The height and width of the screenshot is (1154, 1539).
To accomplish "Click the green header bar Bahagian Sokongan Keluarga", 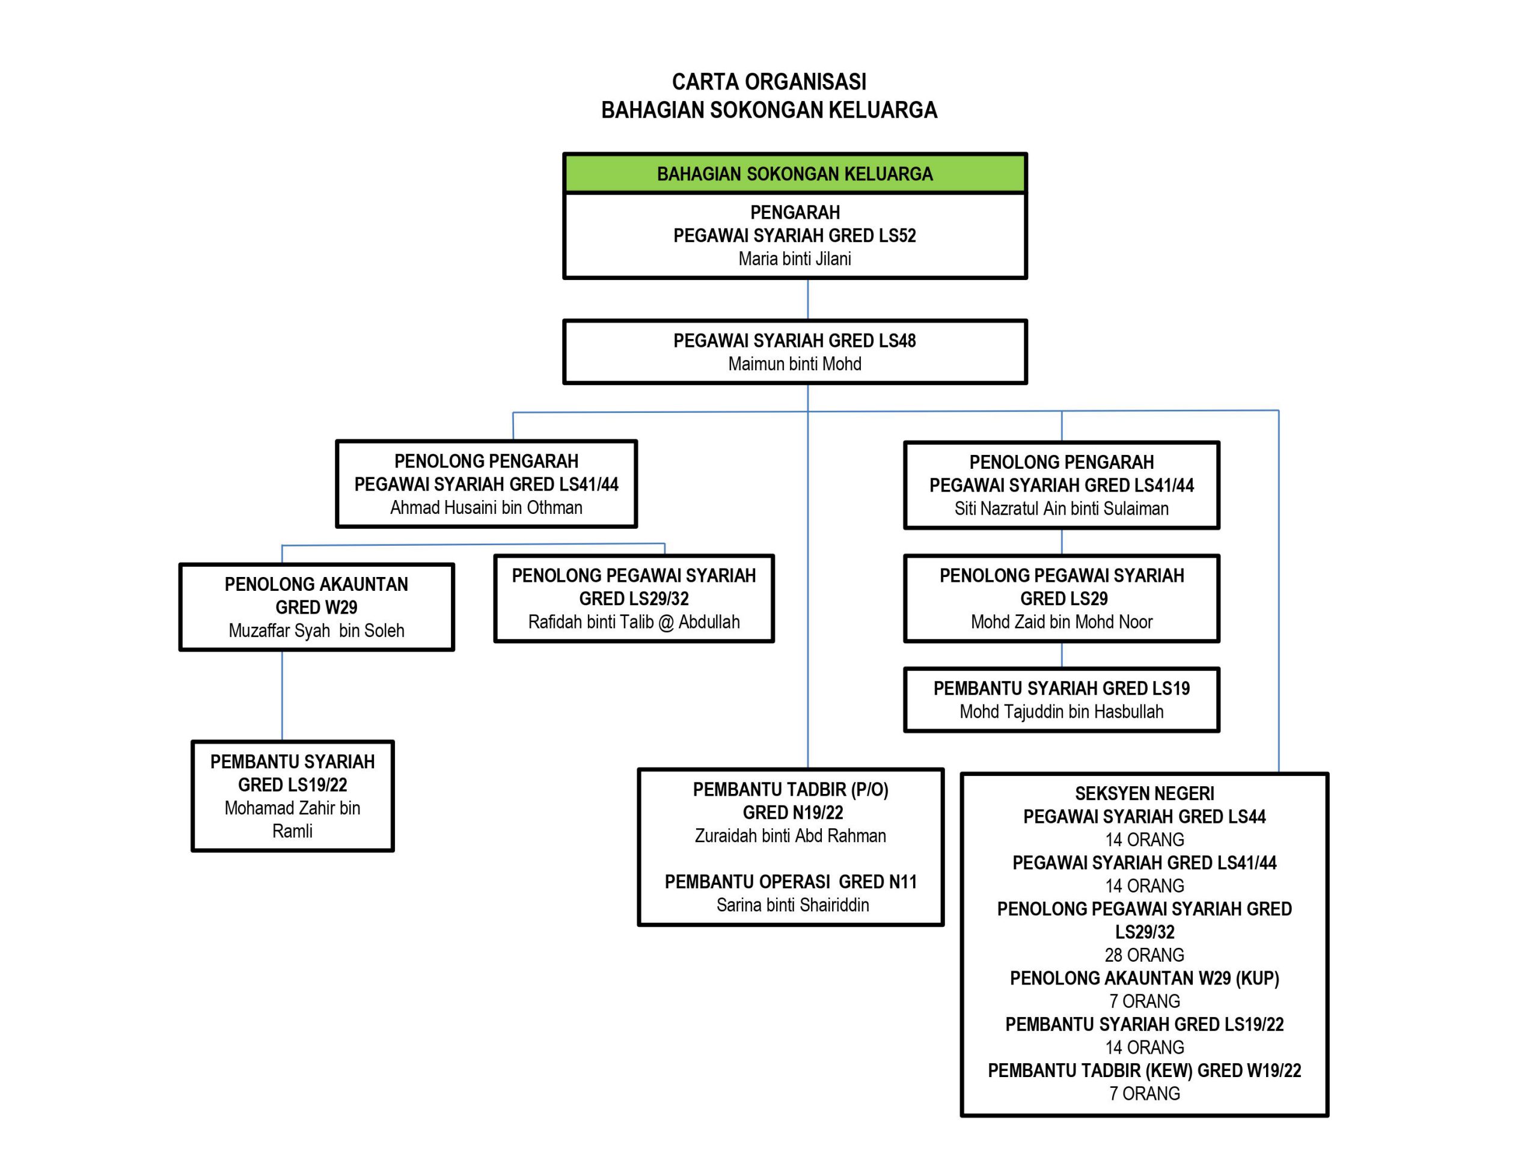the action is pos(795,173).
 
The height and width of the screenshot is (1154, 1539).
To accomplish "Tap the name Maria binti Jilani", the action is pos(795,259).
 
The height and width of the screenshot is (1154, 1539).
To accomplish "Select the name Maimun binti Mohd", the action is pos(795,364).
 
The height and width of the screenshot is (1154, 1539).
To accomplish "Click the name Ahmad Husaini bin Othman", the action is pos(486,508).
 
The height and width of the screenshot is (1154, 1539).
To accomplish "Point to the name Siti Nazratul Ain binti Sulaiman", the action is pos(1062,508).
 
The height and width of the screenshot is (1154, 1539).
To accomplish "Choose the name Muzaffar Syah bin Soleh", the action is pos(317,631).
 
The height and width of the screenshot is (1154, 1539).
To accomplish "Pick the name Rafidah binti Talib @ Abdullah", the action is pos(634,622).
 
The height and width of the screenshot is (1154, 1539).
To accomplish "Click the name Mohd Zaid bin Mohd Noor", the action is pos(1062,622).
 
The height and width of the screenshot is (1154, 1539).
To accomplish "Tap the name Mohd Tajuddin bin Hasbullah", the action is pos(1062,712).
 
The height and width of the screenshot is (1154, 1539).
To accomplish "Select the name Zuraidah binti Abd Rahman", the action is pos(791,835).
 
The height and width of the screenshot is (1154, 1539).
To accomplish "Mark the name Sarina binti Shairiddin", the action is pos(792,905).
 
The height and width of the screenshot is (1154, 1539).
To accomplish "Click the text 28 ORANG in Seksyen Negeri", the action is pos(1145,955).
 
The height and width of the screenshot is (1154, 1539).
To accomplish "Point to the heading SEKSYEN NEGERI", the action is pos(1145,794).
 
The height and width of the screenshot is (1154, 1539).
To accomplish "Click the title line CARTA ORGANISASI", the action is pos(769,82).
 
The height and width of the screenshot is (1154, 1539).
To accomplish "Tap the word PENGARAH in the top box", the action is pos(795,212).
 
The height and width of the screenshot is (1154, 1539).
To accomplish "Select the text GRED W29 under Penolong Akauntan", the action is pos(317,607).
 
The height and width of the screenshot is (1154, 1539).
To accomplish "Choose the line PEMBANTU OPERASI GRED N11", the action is pos(791,882).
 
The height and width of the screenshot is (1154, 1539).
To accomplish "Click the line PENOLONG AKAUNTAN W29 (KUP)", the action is pos(1145,978).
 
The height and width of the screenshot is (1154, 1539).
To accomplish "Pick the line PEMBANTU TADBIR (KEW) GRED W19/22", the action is pos(1145,1070).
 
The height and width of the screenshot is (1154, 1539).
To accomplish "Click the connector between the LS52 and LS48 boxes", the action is pos(808,300).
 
